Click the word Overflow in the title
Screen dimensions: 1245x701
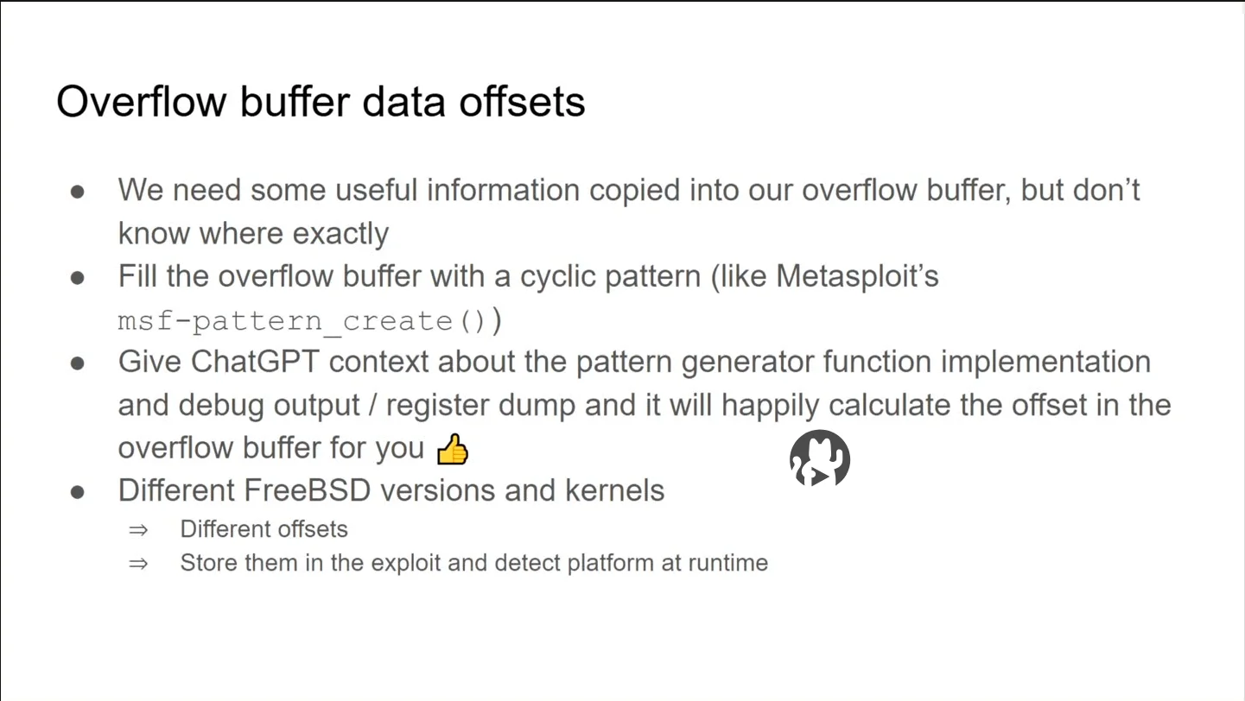tap(142, 102)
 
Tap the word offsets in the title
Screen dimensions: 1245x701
tap(522, 102)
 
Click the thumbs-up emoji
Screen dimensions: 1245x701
tap(453, 449)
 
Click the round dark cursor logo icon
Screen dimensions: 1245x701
tap(820, 458)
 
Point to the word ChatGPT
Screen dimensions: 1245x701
tap(255, 362)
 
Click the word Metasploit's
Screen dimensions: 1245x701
tap(857, 276)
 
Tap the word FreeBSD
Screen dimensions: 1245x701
tap(308, 490)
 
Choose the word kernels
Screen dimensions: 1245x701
tap(614, 490)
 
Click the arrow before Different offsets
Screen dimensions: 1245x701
tap(138, 530)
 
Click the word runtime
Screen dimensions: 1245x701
tap(728, 563)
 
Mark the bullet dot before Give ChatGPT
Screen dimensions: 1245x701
tap(77, 363)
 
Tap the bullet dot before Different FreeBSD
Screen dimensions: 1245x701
tap(77, 492)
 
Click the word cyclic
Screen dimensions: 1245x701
tap(558, 276)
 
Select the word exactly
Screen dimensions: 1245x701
tap(340, 234)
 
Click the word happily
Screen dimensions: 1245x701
tap(771, 406)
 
